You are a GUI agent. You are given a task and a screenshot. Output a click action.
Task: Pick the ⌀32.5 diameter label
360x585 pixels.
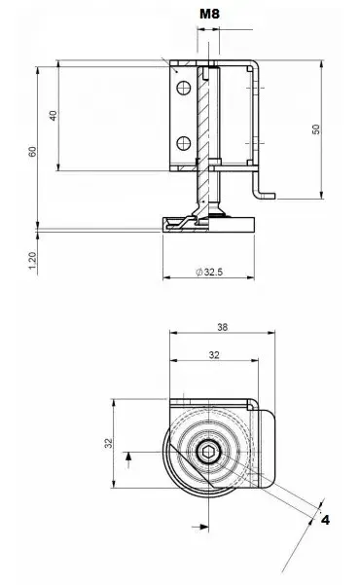click(211, 274)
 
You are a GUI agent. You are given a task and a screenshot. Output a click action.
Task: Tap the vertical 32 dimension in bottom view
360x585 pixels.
click(109, 443)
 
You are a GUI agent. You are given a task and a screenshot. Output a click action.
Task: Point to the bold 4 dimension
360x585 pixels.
click(325, 521)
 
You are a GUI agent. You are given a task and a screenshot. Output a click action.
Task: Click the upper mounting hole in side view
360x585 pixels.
click(182, 89)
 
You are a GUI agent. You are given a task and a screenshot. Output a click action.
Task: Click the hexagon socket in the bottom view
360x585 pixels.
click(207, 453)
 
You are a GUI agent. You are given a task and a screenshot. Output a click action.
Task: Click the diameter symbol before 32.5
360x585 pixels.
click(199, 274)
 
